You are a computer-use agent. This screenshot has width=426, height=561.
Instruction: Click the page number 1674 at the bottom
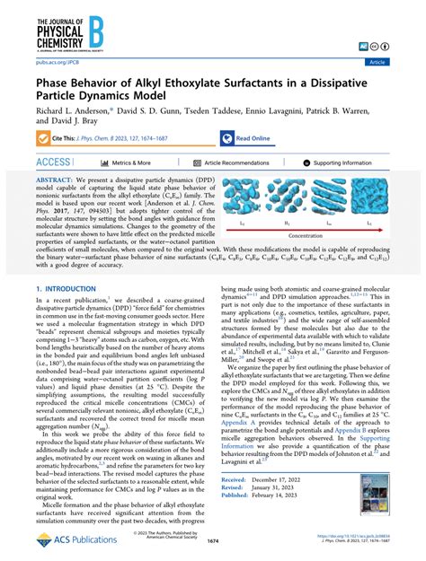click(x=212, y=543)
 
